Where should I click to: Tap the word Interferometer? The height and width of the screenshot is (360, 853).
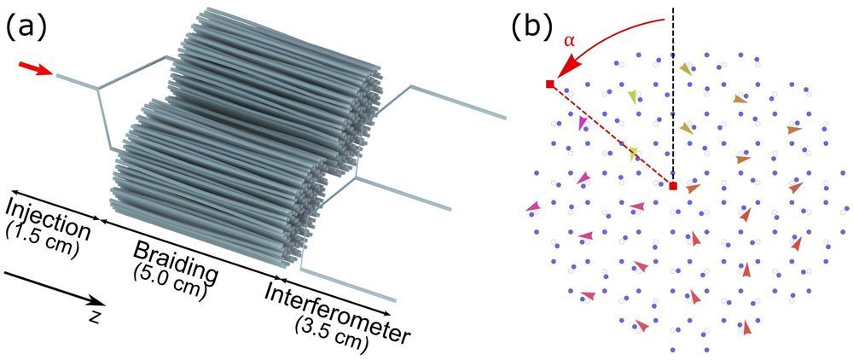336,311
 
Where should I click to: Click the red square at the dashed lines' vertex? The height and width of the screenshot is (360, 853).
673,185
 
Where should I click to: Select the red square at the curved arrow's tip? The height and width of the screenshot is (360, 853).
549,84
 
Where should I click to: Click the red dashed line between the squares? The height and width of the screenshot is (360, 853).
611,135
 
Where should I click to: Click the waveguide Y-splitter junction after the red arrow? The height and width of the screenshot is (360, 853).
99,88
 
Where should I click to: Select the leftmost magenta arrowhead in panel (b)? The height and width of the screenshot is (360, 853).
533,206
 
